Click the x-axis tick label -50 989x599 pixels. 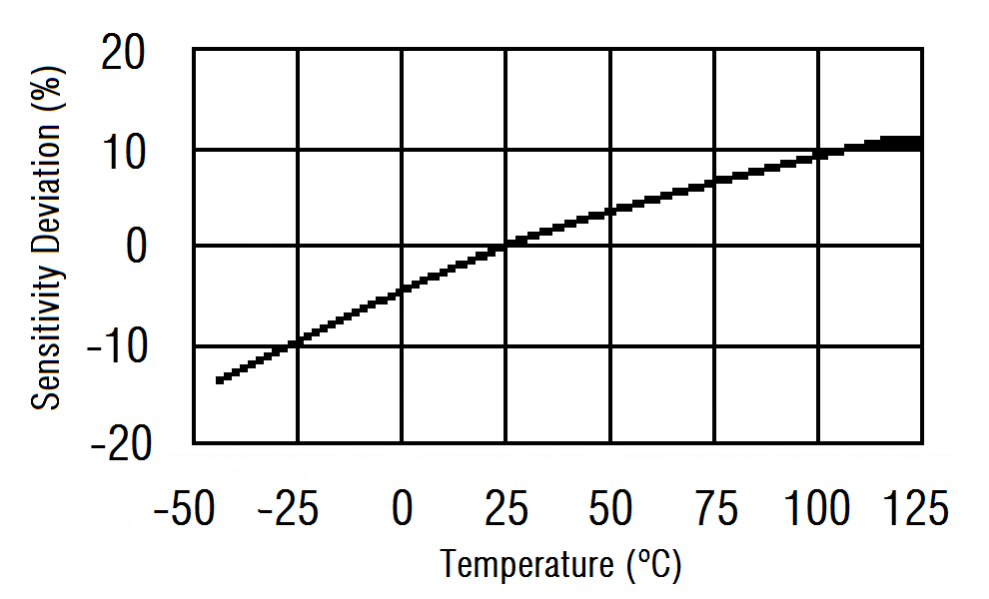[185, 510]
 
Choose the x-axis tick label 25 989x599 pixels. [505, 510]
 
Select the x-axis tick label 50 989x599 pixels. [610, 510]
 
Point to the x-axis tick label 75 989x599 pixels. [715, 510]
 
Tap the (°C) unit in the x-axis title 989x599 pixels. [654, 566]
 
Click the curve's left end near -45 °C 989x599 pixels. [220, 379]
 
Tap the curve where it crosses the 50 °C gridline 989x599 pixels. [610, 212]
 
